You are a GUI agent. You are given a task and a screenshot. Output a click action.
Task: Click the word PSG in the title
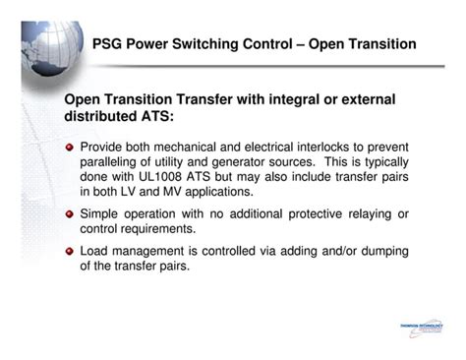[108, 45]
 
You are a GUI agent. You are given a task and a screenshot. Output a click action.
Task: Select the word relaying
[373, 213]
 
